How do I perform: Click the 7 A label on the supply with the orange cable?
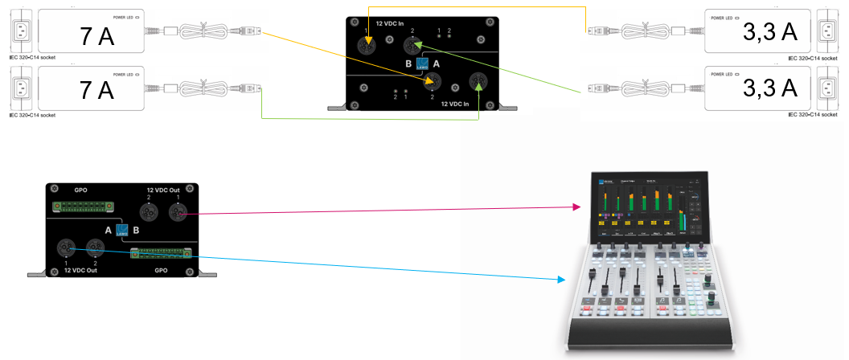tap(96, 36)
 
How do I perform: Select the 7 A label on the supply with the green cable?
tap(96, 90)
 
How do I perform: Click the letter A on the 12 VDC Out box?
tap(108, 230)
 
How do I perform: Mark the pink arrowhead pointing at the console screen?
tap(577, 207)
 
